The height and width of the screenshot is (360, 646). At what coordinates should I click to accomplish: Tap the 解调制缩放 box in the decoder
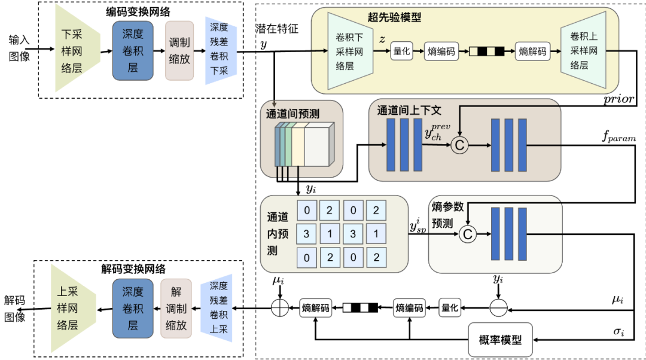tap(176, 309)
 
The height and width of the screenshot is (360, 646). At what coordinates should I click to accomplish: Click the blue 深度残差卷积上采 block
tap(218, 309)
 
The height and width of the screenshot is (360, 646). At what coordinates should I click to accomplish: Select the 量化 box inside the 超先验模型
tap(402, 51)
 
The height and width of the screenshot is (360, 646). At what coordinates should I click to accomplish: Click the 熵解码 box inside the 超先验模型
tap(533, 51)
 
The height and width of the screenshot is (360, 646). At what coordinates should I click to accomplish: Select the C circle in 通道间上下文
tap(459, 145)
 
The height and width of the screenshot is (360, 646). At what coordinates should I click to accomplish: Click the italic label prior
tap(619, 99)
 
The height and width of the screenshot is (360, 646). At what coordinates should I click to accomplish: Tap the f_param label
tap(619, 138)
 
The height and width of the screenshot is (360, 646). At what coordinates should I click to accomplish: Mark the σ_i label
tap(618, 330)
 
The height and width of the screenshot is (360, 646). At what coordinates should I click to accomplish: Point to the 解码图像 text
tap(15, 309)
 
